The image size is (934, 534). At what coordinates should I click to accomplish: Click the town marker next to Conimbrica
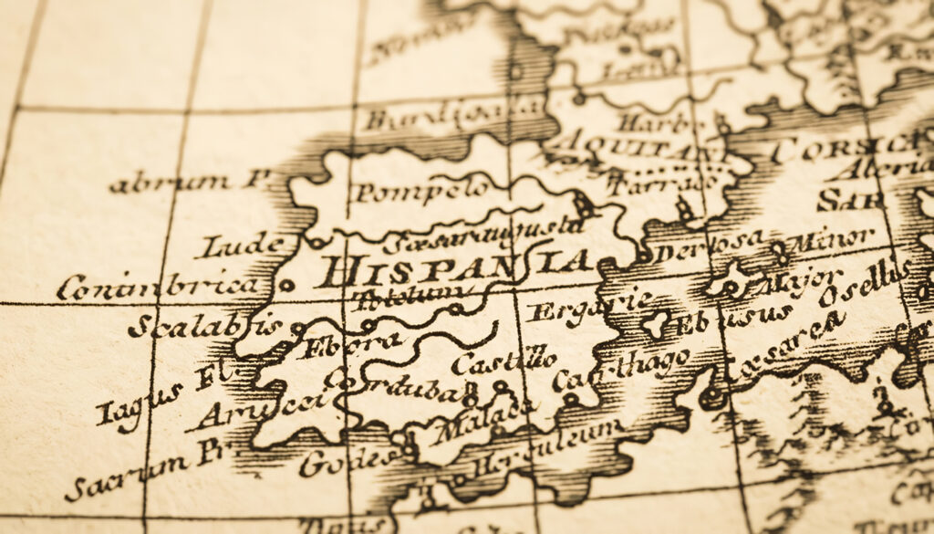(286, 286)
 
